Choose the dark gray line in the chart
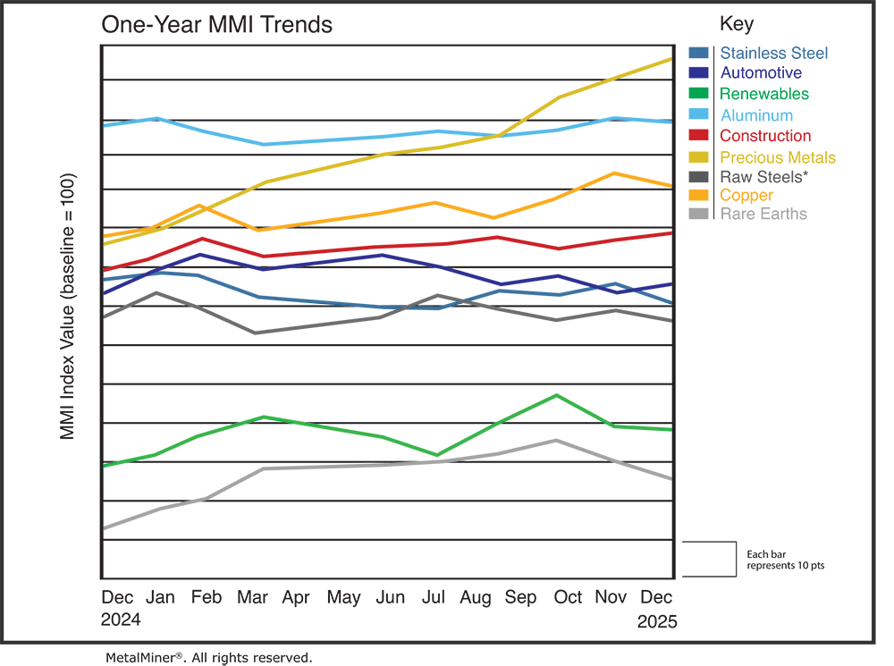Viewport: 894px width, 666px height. point(313,325)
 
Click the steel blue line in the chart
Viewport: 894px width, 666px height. point(313,292)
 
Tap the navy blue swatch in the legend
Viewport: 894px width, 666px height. point(696,72)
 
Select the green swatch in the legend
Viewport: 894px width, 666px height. point(696,93)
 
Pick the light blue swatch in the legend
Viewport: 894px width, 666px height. point(696,114)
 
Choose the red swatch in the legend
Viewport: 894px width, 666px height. point(696,134)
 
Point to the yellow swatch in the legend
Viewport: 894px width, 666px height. point(696,156)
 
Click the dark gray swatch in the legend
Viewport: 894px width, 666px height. point(696,175)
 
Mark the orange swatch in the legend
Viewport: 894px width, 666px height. point(696,195)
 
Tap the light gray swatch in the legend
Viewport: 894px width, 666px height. point(696,223)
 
